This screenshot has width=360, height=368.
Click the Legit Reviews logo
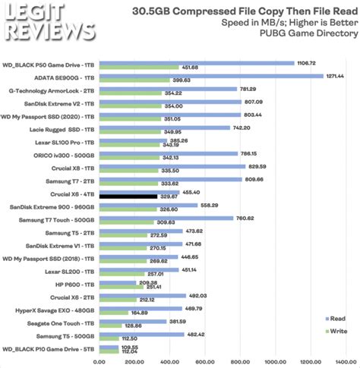click(49, 24)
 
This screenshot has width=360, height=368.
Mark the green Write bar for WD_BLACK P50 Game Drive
click(141, 67)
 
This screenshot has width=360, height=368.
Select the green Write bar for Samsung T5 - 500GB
click(112, 338)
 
